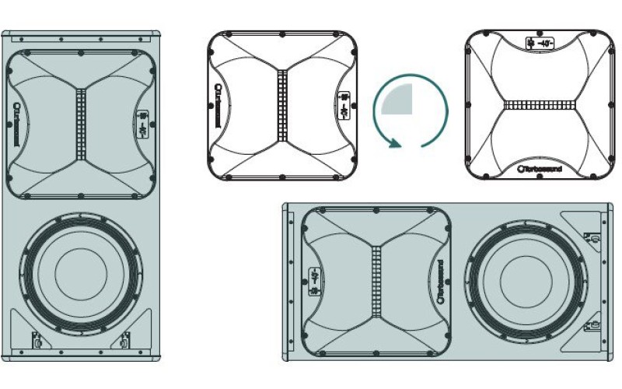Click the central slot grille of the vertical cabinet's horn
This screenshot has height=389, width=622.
click(x=80, y=122)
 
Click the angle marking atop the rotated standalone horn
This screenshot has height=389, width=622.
click(x=540, y=43)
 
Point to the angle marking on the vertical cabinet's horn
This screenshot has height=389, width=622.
click(x=143, y=123)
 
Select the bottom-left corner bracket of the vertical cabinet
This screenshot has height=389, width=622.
click(x=36, y=339)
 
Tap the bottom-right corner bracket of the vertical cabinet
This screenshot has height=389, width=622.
click(x=124, y=339)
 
